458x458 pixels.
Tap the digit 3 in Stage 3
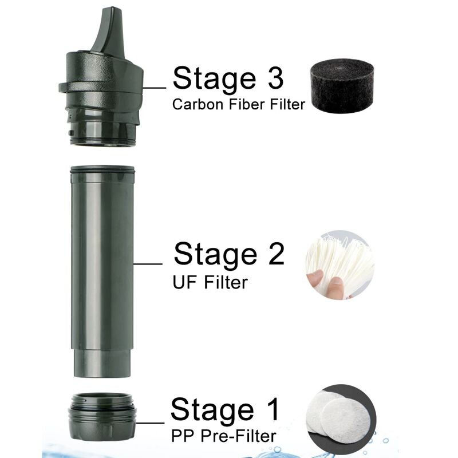pos(276,78)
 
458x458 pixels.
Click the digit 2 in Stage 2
pos(277,254)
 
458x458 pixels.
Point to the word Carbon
pos(198,104)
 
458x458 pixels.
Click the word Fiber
pos(247,104)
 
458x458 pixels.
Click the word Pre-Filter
pos(238,436)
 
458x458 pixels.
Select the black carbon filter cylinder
pos(342,86)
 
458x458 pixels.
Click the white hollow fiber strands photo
pos(339,264)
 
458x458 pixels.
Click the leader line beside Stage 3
pos(154,88)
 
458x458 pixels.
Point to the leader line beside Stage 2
pos(148,264)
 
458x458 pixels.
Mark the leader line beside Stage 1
pos(150,423)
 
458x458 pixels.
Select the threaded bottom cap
pos(102,417)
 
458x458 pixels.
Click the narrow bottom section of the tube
pos(102,363)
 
